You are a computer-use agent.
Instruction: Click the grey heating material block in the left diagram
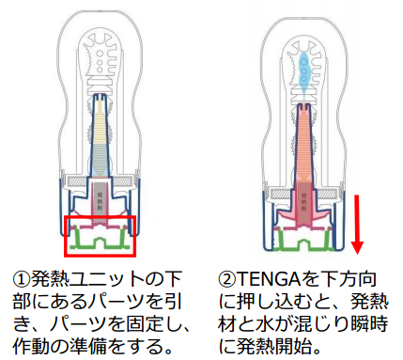pos(99,197)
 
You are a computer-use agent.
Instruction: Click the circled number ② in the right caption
pos(226,280)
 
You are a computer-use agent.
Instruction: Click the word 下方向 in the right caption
pos(355,280)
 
